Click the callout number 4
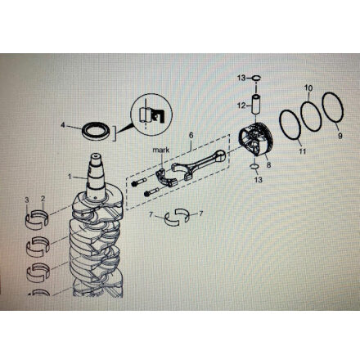[63, 125]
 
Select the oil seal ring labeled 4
[97, 131]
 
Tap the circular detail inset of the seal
[151, 113]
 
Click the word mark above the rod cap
[161, 150]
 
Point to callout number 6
[191, 135]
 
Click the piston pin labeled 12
[256, 105]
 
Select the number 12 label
[241, 106]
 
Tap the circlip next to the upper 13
[256, 79]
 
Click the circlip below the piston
[254, 166]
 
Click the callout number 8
[268, 165]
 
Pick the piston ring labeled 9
[333, 108]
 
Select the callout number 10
[308, 88]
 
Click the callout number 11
[302, 151]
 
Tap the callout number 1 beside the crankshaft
[70, 177]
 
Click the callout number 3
[27, 200]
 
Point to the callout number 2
[43, 199]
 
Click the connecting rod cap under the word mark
[167, 178]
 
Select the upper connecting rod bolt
[138, 182]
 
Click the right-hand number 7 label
[201, 213]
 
